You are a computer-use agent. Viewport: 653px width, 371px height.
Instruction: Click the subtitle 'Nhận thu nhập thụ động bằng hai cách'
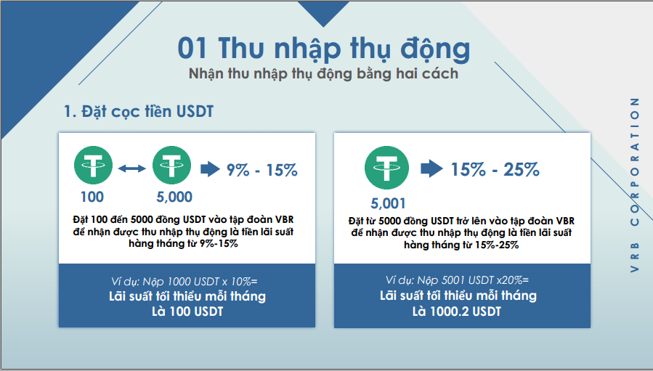(323, 74)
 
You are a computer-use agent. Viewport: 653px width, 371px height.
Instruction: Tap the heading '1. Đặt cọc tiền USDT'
(137, 112)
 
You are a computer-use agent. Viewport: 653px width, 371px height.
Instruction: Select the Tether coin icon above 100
(93, 166)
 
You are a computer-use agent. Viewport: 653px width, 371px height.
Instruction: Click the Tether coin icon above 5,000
(172, 166)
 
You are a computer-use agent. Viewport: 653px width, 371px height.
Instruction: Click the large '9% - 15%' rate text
(262, 170)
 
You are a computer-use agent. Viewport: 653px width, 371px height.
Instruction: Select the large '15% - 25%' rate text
(495, 170)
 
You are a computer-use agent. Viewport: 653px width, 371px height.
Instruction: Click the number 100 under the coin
(92, 197)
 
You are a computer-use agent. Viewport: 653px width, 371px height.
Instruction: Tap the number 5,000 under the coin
(174, 197)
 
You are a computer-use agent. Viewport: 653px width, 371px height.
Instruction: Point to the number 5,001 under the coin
(388, 203)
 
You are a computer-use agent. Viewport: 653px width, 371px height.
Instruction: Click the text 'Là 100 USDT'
(187, 313)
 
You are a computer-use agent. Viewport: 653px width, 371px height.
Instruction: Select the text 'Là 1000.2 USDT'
(458, 312)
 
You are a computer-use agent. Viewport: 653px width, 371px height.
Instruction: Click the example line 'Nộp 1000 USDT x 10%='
(187, 282)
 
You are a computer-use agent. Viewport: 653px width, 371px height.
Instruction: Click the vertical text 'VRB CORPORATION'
(635, 185)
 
